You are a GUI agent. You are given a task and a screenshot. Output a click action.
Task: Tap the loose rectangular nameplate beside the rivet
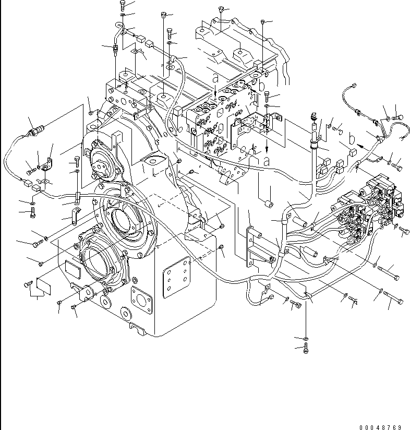pos(42,286)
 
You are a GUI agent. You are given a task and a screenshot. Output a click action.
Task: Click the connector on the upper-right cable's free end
pos(353,86)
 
